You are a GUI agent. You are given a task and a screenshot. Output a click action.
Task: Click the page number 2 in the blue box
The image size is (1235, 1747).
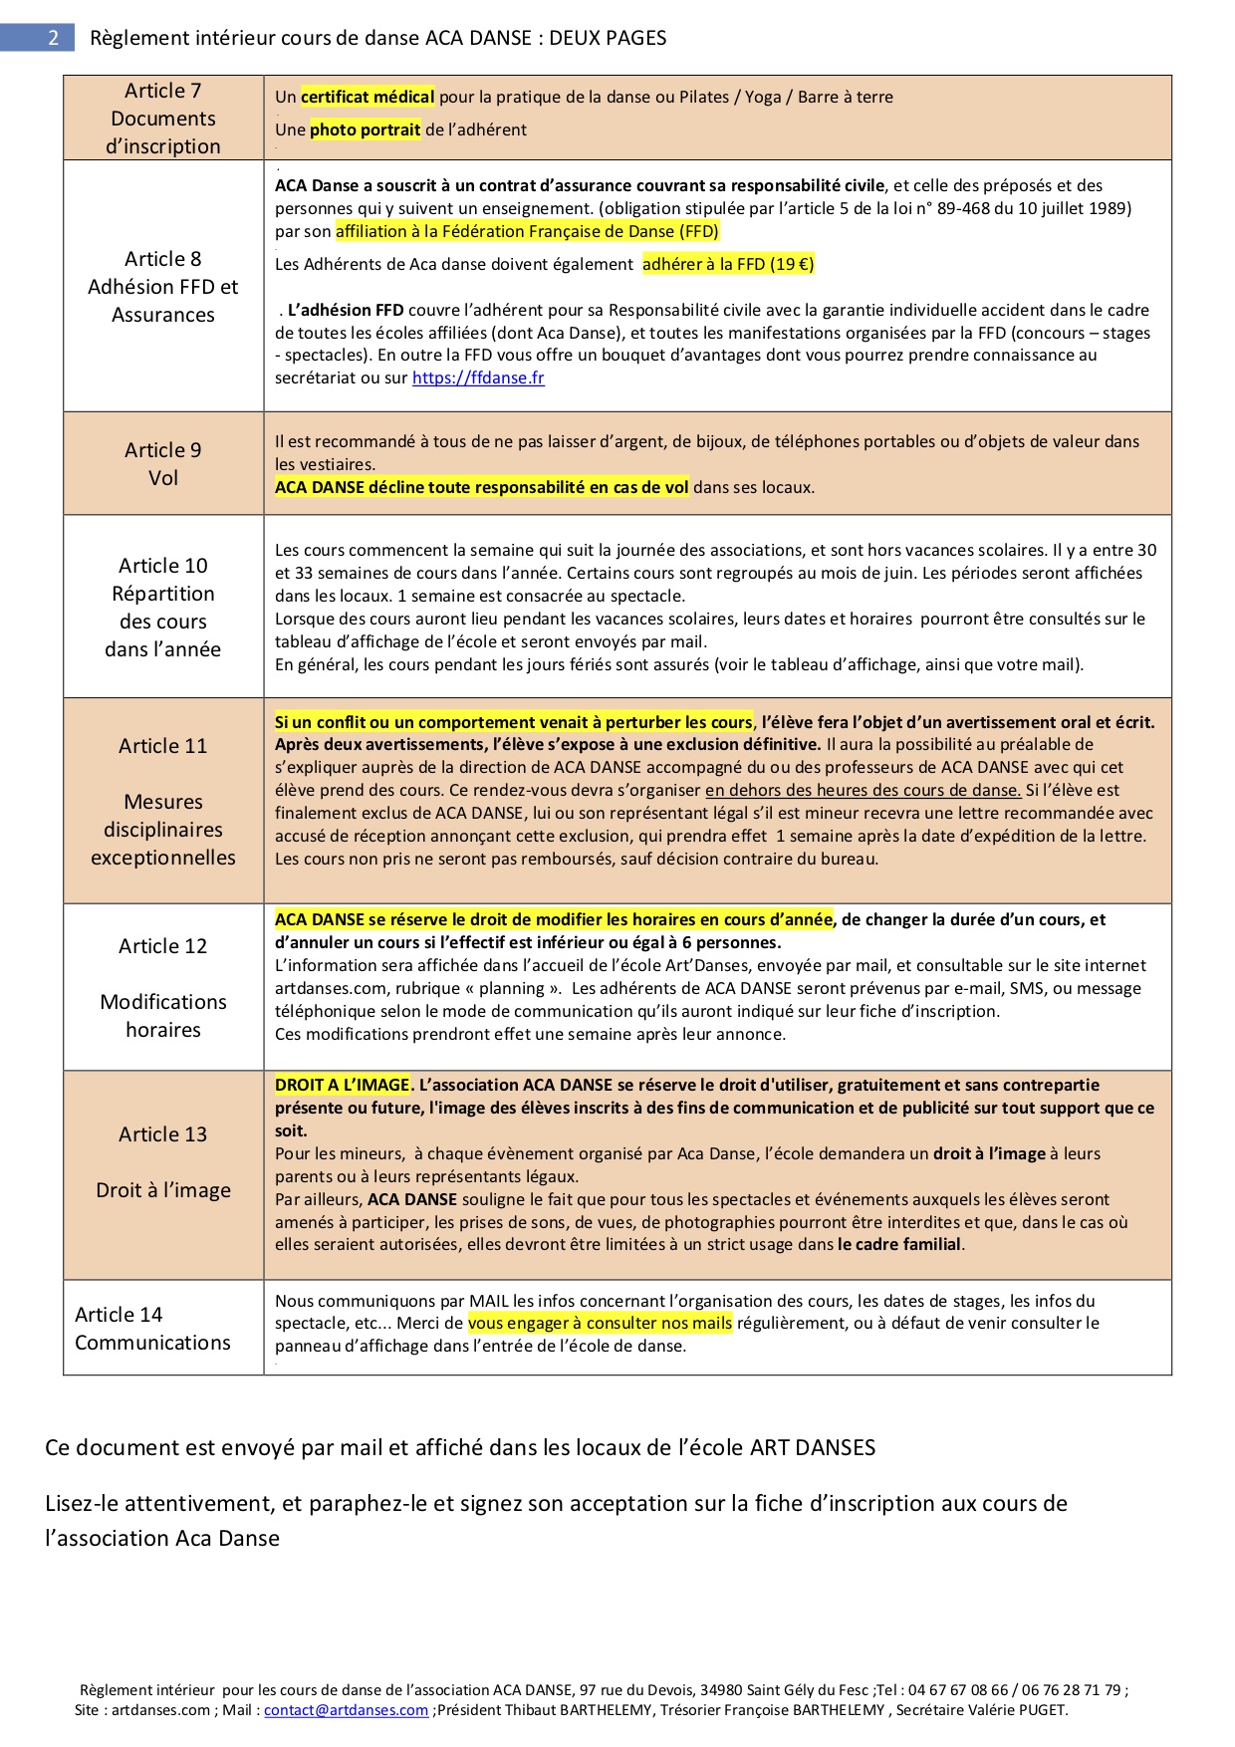pyautogui.click(x=53, y=38)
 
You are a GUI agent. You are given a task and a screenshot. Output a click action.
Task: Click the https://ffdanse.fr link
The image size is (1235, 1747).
pyautogui.click(x=478, y=378)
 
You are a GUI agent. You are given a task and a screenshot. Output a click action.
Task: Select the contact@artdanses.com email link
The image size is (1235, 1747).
pyautogui.click(x=346, y=1710)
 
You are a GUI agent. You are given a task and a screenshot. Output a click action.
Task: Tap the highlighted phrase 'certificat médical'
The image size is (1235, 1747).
pyautogui.click(x=368, y=97)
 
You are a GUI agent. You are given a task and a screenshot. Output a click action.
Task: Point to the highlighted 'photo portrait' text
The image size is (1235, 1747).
pyautogui.click(x=365, y=129)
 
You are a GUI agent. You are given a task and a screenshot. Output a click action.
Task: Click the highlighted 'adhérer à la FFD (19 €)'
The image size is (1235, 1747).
pyautogui.click(x=728, y=265)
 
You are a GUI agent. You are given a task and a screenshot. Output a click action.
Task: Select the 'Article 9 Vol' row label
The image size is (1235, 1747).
pyautogui.click(x=163, y=464)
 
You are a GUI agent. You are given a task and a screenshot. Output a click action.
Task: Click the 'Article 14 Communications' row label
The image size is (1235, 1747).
pyautogui.click(x=152, y=1329)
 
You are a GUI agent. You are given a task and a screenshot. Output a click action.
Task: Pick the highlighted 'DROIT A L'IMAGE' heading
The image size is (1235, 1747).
pyautogui.click(x=343, y=1086)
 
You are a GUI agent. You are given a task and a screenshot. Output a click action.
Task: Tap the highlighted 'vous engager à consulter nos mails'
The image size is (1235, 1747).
pyautogui.click(x=600, y=1324)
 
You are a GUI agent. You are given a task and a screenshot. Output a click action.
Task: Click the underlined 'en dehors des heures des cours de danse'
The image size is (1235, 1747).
pyautogui.click(x=863, y=791)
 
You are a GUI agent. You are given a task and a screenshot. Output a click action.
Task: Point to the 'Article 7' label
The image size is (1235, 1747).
pyautogui.click(x=163, y=91)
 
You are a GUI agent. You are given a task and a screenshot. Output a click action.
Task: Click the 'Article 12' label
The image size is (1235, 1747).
pyautogui.click(x=163, y=946)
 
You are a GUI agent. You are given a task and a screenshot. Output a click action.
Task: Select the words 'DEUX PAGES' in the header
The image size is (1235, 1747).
pyautogui.click(x=608, y=38)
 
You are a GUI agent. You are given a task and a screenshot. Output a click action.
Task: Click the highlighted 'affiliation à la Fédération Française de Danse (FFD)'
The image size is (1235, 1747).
pyautogui.click(x=527, y=232)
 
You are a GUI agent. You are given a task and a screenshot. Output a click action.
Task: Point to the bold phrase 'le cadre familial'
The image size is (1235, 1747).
pyautogui.click(x=899, y=1245)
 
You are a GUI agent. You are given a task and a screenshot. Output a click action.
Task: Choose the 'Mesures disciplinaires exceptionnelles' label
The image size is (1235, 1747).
pyautogui.click(x=163, y=830)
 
